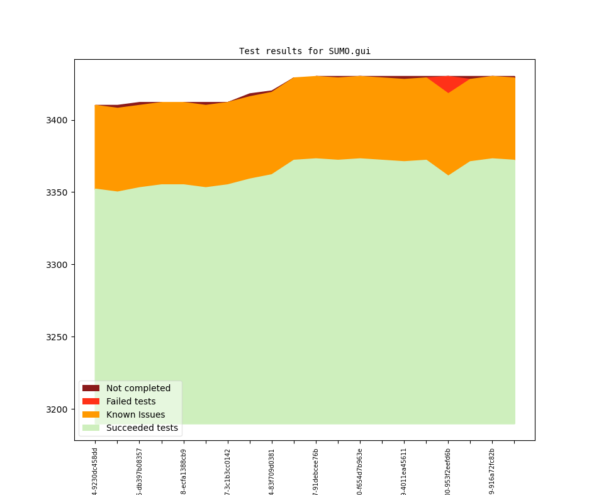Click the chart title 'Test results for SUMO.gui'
coord(305,51)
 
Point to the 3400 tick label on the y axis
coord(57,120)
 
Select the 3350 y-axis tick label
coord(57,192)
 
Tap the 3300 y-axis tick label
coord(57,265)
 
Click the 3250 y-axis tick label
coord(57,337)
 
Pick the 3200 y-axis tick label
coord(57,409)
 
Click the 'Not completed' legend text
coord(138,388)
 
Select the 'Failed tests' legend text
coord(130,401)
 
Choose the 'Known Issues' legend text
coord(135,414)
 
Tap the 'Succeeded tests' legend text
coord(142,428)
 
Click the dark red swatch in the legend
coord(91,388)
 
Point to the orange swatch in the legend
coord(91,414)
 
